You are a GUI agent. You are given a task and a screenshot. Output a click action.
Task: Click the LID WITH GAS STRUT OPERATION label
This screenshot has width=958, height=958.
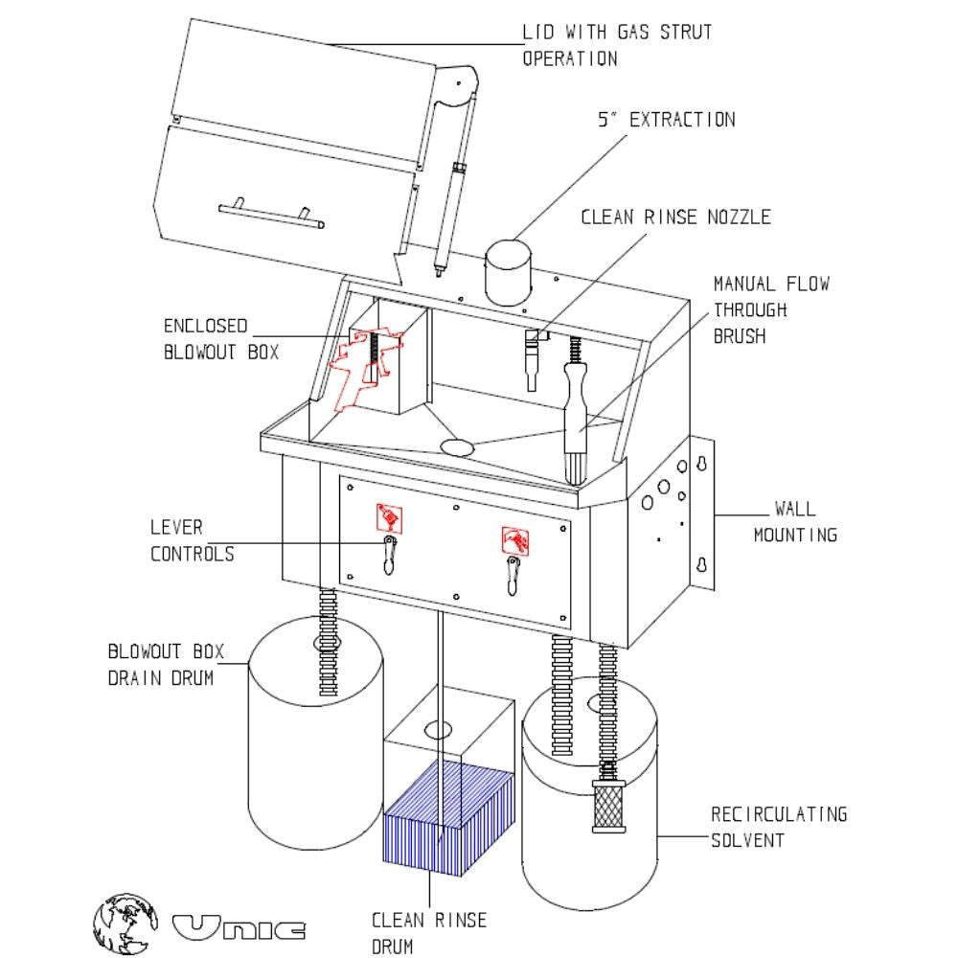pos(617,44)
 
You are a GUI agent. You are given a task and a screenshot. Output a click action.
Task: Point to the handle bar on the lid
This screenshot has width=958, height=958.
pos(269,216)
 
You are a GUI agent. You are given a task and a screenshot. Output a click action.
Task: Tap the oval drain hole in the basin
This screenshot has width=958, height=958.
pos(459,445)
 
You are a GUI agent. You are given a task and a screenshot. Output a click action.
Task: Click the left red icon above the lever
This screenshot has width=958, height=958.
pos(389,518)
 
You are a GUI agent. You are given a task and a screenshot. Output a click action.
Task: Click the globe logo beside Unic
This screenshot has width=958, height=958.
pos(125,922)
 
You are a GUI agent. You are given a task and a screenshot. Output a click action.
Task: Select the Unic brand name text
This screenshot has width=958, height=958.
pos(239,927)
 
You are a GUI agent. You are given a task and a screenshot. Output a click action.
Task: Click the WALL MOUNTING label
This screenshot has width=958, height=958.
pos(794,521)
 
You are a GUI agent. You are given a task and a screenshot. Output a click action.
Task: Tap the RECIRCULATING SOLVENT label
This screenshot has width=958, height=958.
pos(778,827)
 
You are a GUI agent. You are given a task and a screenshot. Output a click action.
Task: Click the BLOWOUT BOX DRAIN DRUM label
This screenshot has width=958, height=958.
pos(165,666)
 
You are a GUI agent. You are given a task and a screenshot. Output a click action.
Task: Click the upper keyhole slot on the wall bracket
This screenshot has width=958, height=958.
pos(702,465)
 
